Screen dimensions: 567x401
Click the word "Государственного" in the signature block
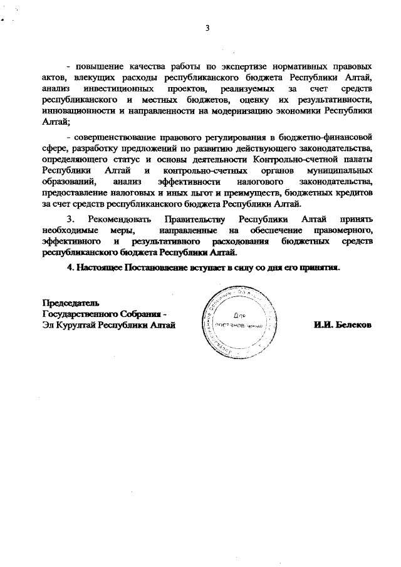tap(82, 314)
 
